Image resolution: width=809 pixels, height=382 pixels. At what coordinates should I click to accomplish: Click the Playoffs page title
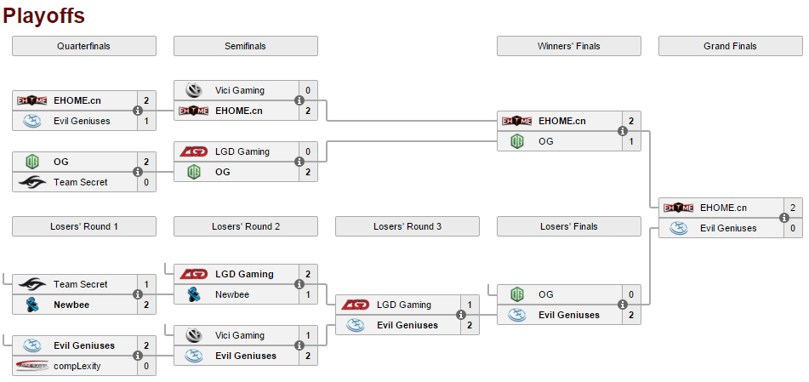pos(43,15)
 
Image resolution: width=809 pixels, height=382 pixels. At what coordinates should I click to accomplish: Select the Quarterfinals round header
pos(83,46)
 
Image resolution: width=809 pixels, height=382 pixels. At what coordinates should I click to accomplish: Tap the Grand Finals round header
pos(730,46)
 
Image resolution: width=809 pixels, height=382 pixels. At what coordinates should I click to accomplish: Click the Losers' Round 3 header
pos(407,226)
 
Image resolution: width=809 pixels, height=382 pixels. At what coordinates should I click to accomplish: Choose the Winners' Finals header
pos(568,46)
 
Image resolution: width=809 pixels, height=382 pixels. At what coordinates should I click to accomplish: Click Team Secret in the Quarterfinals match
pos(81,182)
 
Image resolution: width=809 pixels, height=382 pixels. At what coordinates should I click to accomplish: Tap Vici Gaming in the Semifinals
pos(240,90)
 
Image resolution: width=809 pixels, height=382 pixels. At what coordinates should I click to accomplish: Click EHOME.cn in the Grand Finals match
pos(723,208)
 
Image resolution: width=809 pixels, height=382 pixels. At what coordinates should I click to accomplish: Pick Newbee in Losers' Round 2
pos(231,294)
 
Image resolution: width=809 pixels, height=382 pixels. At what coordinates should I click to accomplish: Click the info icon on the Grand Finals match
pos(784,218)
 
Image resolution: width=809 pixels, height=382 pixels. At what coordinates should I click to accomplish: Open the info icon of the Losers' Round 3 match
pos(461,315)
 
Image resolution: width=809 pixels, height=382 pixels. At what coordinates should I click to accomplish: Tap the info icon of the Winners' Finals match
pos(623,131)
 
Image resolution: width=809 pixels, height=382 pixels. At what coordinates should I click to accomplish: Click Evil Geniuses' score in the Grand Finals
pos(792,228)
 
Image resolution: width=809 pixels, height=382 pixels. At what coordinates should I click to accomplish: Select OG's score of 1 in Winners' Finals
pos(630,141)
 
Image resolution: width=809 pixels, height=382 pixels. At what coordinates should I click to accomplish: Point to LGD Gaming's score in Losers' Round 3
pos(469,305)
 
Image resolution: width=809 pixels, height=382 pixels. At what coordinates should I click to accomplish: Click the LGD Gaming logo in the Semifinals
pos(194,151)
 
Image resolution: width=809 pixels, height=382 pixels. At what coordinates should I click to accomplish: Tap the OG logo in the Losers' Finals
pos(517,294)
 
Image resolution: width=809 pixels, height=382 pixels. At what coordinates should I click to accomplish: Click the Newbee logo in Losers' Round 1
pos(32,305)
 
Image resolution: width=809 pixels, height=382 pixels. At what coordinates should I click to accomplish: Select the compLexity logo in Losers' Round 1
pos(32,366)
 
